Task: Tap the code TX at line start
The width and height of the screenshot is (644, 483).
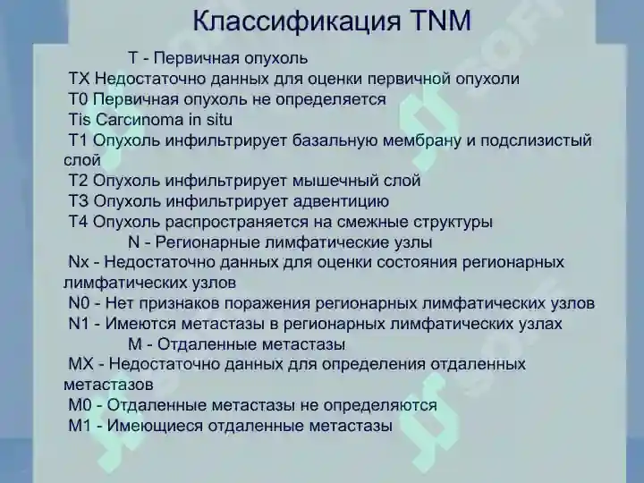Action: (x=79, y=79)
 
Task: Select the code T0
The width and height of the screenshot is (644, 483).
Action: (x=79, y=99)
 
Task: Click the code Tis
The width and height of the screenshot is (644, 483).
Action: (x=80, y=120)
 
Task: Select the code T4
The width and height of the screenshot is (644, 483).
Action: (x=79, y=222)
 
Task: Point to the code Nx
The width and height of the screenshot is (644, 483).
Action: (x=79, y=262)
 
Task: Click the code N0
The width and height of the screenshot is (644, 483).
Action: (x=79, y=303)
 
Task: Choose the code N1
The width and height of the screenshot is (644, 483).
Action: (x=79, y=324)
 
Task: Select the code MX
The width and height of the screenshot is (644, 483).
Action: (x=81, y=364)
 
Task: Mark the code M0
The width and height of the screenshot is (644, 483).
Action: (x=80, y=405)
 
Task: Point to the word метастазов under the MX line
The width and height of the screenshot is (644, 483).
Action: (x=108, y=384)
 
